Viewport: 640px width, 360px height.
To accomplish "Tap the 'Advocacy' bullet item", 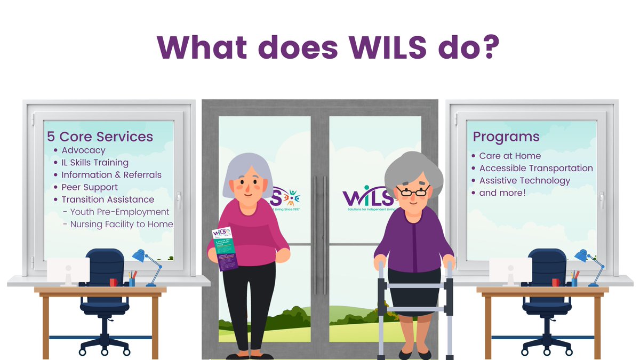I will pos(83,150).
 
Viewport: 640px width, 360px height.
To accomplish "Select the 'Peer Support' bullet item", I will pos(90,187).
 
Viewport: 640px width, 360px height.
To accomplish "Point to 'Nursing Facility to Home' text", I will pos(122,224).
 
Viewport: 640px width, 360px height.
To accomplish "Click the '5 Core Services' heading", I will pos(100,137).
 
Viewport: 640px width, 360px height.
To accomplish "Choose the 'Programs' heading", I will pos(506,137).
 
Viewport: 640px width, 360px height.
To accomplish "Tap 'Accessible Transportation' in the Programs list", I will pos(536,168).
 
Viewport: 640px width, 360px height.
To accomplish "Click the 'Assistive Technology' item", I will pos(525,180).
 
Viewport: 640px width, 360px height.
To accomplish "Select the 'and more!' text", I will pos(502,193).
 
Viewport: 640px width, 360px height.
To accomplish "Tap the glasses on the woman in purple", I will pos(412,190).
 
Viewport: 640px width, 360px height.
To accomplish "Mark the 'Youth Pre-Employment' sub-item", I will pos(119,212).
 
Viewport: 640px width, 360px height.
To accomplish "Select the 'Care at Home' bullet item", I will pos(510,156).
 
